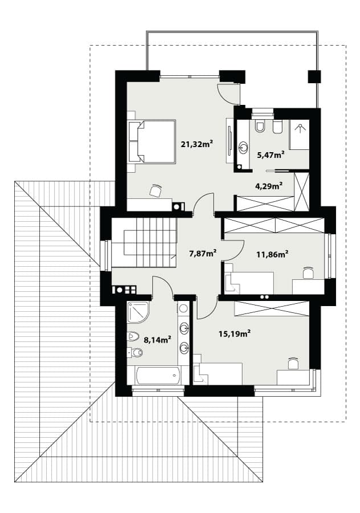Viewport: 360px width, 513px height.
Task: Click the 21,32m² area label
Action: (197, 144)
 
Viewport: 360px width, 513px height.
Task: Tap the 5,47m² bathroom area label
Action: (271, 154)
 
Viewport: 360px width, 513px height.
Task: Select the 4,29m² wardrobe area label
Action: (269, 186)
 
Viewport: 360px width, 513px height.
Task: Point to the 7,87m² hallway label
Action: (203, 253)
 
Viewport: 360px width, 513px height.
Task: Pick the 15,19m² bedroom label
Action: (235, 333)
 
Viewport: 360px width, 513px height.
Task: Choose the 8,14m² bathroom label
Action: (158, 340)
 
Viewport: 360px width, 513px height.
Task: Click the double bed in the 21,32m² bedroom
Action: (152, 141)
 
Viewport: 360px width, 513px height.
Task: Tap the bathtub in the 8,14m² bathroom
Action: (158, 376)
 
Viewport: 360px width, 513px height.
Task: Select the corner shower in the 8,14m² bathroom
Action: (138, 312)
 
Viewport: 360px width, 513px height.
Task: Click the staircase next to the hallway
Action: (144, 243)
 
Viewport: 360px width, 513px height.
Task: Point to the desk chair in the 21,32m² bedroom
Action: (156, 190)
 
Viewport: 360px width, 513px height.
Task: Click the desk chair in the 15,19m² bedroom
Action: (293, 363)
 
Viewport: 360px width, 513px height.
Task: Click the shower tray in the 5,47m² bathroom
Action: (299, 135)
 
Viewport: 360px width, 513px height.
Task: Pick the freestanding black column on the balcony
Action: (314, 76)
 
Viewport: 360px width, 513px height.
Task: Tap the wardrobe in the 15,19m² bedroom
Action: (271, 308)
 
